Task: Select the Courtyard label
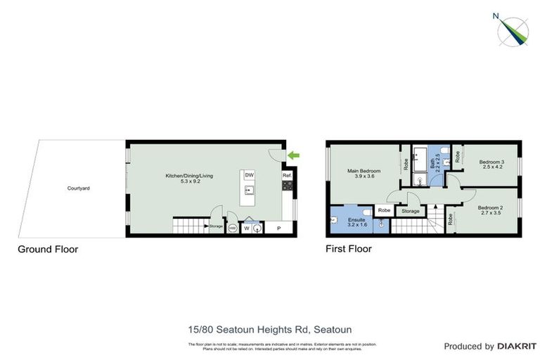tap(78, 188)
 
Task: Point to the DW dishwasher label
tap(250, 175)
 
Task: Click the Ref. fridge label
tap(287, 176)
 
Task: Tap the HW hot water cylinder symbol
tap(232, 228)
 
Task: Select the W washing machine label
tap(247, 228)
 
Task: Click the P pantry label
tap(279, 228)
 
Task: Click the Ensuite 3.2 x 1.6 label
tap(357, 222)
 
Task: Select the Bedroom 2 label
tap(489, 210)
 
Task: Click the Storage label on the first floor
tap(410, 211)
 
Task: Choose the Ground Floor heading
tap(48, 249)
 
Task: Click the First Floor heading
tap(349, 249)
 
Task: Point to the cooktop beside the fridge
tap(287, 186)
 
